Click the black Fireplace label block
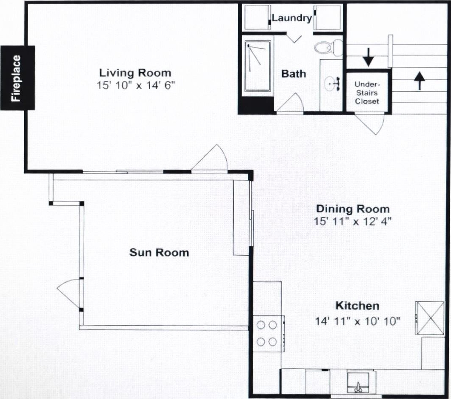(x=17, y=78)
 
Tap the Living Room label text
(x=135, y=72)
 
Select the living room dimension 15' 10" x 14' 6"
(x=136, y=85)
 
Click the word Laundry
(x=291, y=18)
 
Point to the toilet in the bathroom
(x=328, y=48)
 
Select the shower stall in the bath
(x=258, y=66)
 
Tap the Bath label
(x=294, y=74)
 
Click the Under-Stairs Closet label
(x=367, y=93)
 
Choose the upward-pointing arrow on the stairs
(x=420, y=81)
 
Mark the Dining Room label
(x=353, y=208)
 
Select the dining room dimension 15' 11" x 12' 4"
(x=353, y=221)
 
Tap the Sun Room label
(x=159, y=252)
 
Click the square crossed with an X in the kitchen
(x=430, y=318)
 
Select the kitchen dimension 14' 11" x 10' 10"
(x=357, y=321)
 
